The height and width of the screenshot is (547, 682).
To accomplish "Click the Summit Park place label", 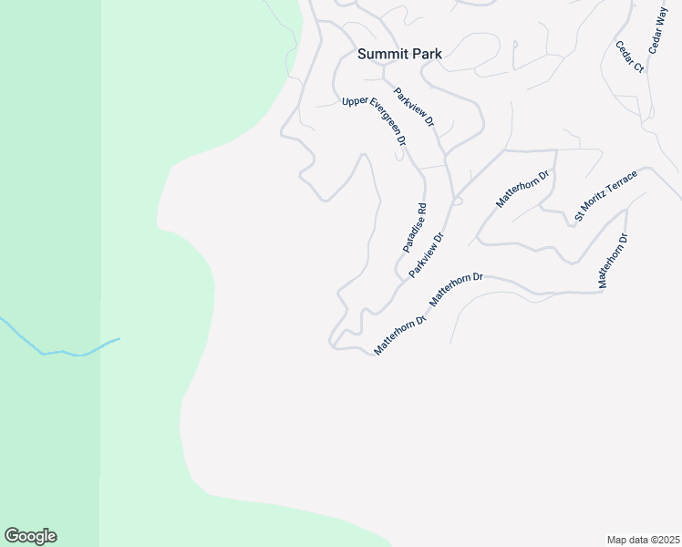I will point(399,54).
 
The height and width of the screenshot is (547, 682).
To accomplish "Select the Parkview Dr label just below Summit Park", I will point(416,107).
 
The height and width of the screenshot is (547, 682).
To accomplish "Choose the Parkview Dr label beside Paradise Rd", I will point(426,255).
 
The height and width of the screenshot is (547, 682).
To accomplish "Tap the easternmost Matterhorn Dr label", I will point(613,262).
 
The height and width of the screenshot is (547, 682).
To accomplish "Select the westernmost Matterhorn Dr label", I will point(400,336).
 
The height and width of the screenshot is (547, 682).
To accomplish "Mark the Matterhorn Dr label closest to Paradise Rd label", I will point(455,288).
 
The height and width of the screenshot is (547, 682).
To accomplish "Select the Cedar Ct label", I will point(629,57).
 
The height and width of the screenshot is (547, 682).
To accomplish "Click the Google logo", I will point(30,536).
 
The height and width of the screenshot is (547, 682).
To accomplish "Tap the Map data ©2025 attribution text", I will point(643,540).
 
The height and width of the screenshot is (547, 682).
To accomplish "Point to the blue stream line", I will point(64,350).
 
